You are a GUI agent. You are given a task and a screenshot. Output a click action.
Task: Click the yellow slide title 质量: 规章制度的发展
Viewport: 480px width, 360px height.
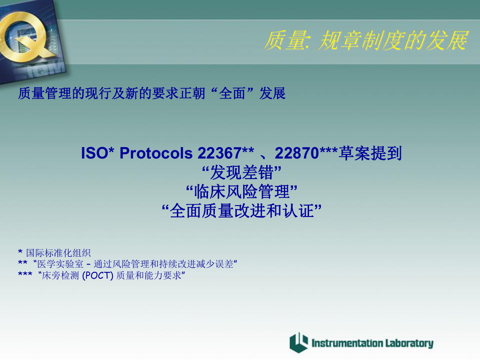pos(366,40)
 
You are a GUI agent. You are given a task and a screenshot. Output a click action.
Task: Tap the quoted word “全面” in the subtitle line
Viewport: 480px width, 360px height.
pos(233,93)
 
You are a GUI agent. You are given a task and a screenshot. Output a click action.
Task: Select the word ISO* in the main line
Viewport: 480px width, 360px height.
pos(98,153)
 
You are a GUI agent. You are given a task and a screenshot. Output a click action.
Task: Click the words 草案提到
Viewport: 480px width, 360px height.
pos(370,153)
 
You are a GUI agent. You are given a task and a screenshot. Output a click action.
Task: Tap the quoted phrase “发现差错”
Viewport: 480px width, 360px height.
pos(241,172)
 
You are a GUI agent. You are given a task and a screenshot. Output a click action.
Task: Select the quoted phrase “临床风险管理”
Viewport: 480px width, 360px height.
pos(241,192)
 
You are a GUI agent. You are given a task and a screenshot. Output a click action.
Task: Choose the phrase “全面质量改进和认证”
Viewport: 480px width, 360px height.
pos(241,211)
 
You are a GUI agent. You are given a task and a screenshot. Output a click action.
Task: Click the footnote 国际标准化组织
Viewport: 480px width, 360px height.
pos(58,253)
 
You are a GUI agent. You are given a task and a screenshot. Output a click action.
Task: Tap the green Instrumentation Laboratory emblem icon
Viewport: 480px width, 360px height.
pos(299,342)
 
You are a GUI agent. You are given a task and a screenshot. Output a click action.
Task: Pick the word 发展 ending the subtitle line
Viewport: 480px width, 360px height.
pos(272,93)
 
